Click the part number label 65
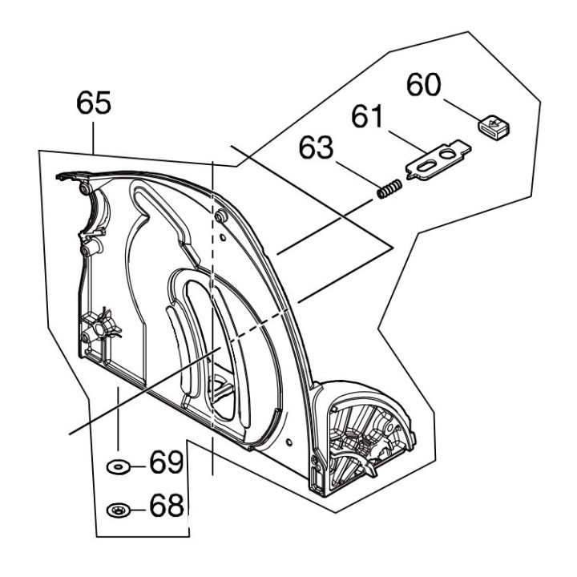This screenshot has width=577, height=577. coord(94,103)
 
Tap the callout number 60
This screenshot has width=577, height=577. coord(425,85)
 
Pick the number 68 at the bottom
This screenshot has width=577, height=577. coord(167,506)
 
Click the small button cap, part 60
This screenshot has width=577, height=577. coord(494,127)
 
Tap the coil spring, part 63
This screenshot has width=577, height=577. coord(389,192)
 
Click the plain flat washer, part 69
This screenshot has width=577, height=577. coord(119,466)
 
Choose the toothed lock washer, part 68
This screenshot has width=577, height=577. coord(119,508)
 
